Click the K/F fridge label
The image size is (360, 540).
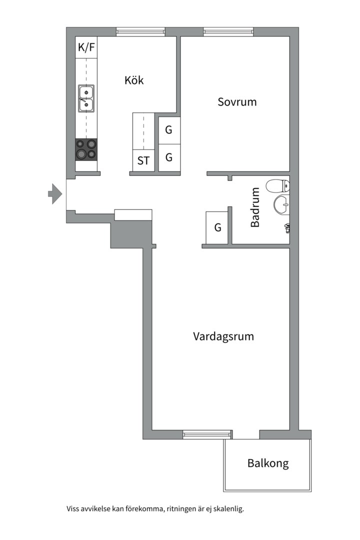(x=86, y=48)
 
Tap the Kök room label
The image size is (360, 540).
(x=134, y=80)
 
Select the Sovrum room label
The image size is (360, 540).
(x=237, y=102)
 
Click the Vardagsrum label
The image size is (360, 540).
(x=223, y=336)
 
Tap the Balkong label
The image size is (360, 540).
(x=268, y=463)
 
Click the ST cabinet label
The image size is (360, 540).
(x=143, y=161)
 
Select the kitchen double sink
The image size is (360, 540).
(x=86, y=98)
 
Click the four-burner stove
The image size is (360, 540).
(x=86, y=149)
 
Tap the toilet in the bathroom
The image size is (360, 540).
(x=278, y=186)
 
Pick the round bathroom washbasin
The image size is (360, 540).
(x=281, y=204)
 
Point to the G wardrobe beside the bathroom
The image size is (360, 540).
(x=217, y=228)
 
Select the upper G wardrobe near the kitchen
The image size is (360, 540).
(x=169, y=130)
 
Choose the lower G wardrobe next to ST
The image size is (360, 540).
(x=169, y=157)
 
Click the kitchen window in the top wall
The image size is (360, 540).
(x=140, y=31)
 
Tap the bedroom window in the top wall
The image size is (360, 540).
(x=228, y=31)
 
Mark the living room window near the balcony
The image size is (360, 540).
(x=207, y=434)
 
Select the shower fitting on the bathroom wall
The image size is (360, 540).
(x=286, y=227)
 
